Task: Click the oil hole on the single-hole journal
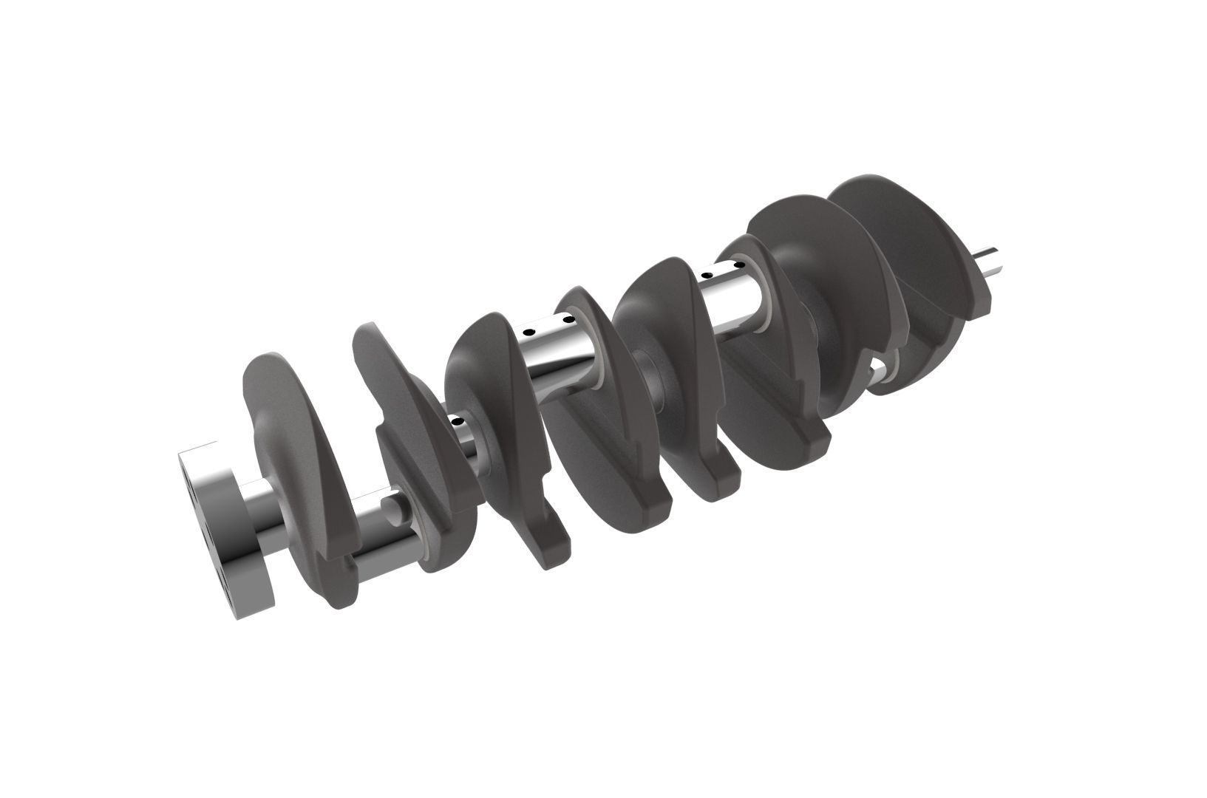(x=458, y=421)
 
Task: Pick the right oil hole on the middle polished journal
(x=568, y=320)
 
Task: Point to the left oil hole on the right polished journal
(x=707, y=276)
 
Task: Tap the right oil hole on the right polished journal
(x=736, y=264)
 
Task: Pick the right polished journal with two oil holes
(x=732, y=296)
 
